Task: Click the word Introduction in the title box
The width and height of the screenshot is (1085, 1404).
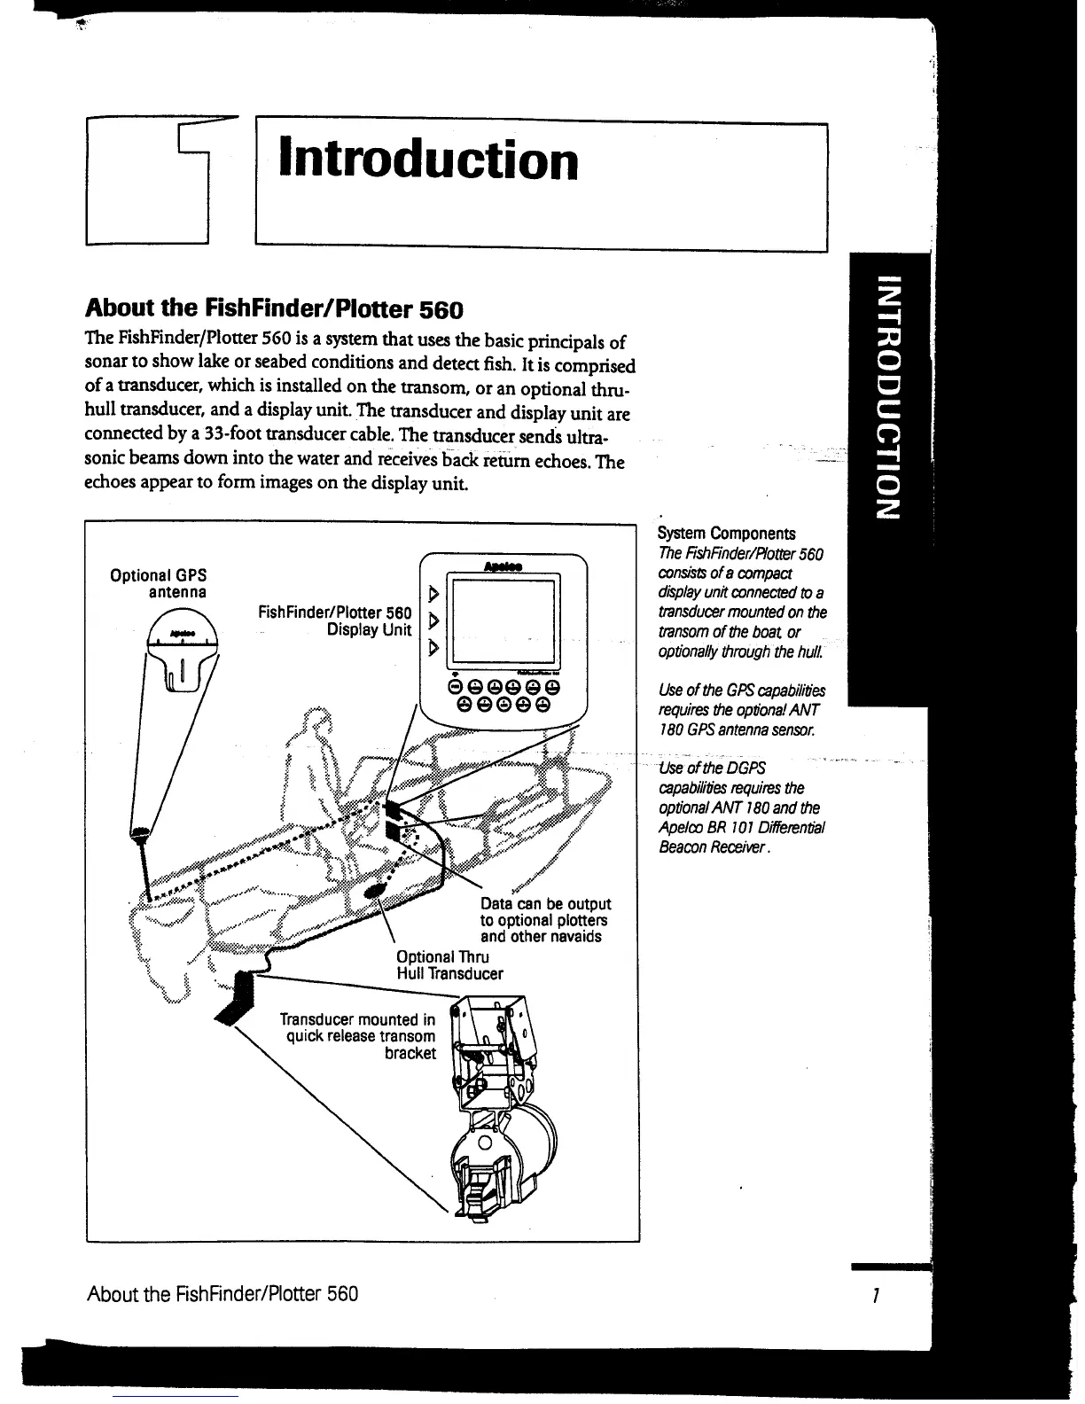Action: point(428,160)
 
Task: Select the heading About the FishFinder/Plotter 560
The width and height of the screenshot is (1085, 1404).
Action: point(274,309)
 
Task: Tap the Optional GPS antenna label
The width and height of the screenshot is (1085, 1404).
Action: point(159,582)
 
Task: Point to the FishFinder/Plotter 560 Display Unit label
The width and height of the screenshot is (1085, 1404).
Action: point(335,620)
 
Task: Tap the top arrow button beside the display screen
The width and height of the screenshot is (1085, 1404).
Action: point(433,591)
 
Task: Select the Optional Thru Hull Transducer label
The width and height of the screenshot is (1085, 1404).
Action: point(449,965)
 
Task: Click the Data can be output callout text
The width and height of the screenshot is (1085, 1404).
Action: point(545,920)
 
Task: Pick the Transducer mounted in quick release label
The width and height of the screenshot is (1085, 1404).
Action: point(358,1036)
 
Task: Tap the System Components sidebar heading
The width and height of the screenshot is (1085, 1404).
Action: point(726,533)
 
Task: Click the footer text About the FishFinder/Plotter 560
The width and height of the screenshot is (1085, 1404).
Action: point(222,1293)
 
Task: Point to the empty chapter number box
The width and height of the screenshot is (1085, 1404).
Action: point(147,182)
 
